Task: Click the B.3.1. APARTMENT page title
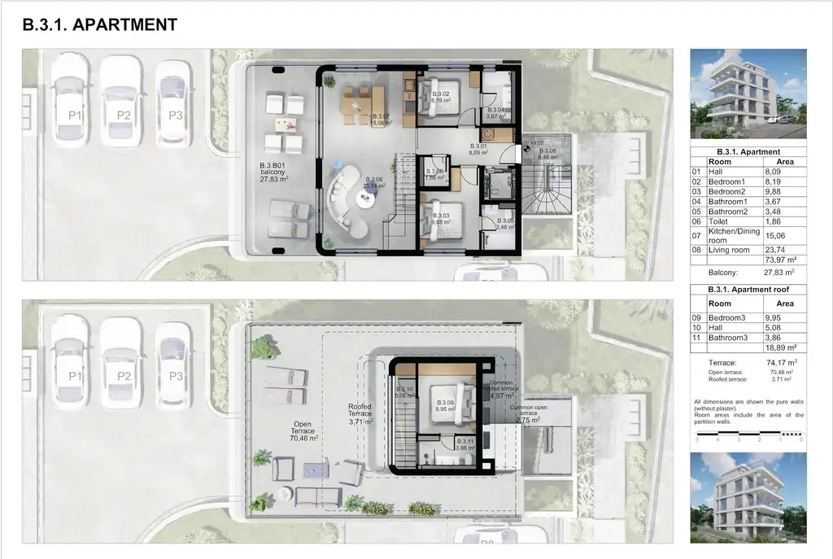[x=100, y=25]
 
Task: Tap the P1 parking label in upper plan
[x=74, y=116]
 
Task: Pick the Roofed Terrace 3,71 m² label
[x=360, y=416]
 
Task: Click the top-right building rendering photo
[x=748, y=94]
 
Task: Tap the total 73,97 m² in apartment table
[x=778, y=260]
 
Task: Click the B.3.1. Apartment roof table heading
[x=748, y=290]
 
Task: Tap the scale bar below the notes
[x=748, y=439]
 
